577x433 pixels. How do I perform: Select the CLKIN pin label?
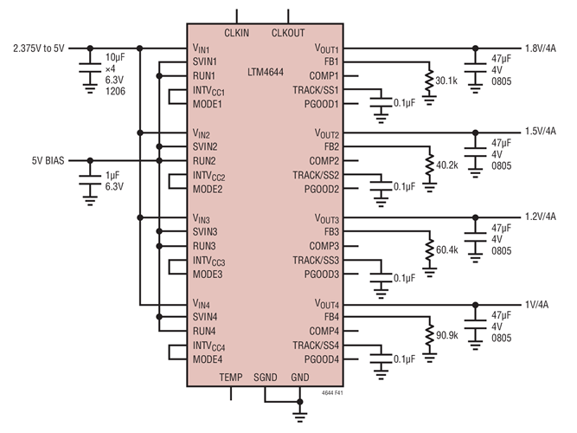click(x=237, y=33)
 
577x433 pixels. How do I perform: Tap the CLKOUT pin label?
click(x=289, y=33)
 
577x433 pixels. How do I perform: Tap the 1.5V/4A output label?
click(x=542, y=132)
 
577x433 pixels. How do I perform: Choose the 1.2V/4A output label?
click(x=542, y=216)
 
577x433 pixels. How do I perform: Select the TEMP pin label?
click(x=231, y=378)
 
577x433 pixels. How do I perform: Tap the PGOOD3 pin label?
click(x=320, y=274)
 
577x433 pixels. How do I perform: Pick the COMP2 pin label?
click(x=324, y=161)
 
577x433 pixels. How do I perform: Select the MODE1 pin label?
click(x=208, y=104)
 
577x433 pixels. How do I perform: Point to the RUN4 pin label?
click(x=204, y=331)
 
